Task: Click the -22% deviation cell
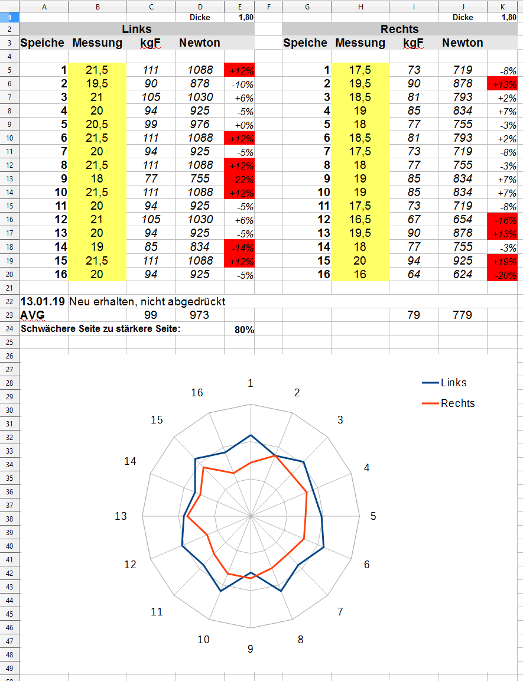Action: (239, 180)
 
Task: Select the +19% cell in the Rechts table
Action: (502, 261)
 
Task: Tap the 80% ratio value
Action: (244, 330)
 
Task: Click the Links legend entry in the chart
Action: (453, 383)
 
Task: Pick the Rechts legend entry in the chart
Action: (457, 403)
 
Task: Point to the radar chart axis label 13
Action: (121, 516)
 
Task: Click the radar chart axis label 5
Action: (373, 516)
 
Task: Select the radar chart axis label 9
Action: (251, 649)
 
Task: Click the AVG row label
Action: (33, 315)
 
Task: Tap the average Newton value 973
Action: (199, 315)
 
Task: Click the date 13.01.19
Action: (43, 302)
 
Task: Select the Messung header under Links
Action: (97, 43)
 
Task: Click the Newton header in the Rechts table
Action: (462, 43)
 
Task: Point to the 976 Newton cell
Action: (199, 124)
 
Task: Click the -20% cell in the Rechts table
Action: (502, 275)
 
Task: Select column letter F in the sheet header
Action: (268, 6)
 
